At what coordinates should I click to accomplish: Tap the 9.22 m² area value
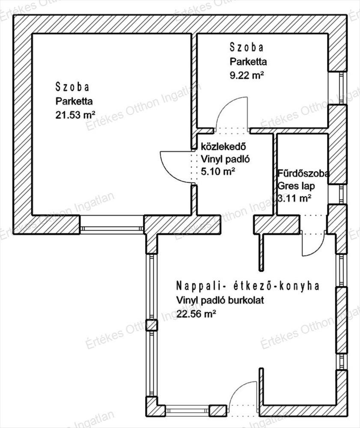247,75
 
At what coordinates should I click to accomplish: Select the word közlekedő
223,146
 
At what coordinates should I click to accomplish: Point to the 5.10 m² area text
218,172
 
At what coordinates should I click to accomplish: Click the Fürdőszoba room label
303,173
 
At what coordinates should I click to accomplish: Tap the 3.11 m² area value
295,199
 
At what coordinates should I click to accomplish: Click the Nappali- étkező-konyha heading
247,286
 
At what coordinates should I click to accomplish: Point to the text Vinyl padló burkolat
220,300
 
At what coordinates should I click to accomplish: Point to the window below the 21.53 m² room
112,229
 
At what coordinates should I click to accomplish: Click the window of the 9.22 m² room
341,88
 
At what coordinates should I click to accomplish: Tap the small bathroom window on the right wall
341,194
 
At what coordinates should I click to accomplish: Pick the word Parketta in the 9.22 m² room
248,62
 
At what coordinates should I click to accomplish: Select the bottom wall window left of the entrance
187,410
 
